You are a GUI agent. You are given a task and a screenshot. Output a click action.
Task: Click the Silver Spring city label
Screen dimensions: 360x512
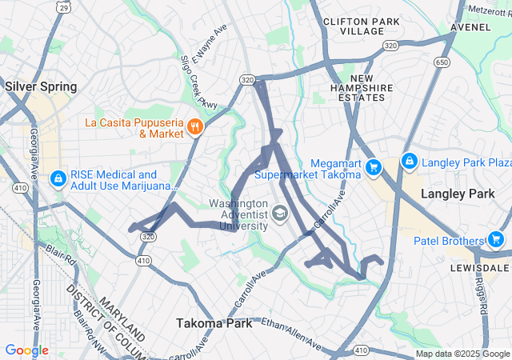pyautogui.click(x=41, y=86)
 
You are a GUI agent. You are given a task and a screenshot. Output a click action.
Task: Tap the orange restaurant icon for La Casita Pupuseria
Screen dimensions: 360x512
pyautogui.click(x=194, y=127)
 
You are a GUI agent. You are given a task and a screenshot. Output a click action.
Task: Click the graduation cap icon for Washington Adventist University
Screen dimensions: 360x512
pyautogui.click(x=279, y=213)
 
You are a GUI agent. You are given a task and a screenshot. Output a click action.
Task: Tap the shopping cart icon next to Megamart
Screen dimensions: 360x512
pyautogui.click(x=374, y=167)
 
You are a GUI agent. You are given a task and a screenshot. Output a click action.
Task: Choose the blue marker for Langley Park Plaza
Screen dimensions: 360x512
pyautogui.click(x=409, y=162)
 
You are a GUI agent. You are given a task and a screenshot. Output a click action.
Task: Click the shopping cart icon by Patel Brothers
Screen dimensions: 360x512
pyautogui.click(x=495, y=239)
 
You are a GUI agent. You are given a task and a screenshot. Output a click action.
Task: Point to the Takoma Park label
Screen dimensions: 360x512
pyautogui.click(x=214, y=323)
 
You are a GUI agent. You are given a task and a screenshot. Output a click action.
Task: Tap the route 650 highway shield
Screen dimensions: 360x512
pyautogui.click(x=440, y=61)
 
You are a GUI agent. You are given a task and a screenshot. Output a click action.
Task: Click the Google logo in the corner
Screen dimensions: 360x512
pyautogui.click(x=27, y=350)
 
